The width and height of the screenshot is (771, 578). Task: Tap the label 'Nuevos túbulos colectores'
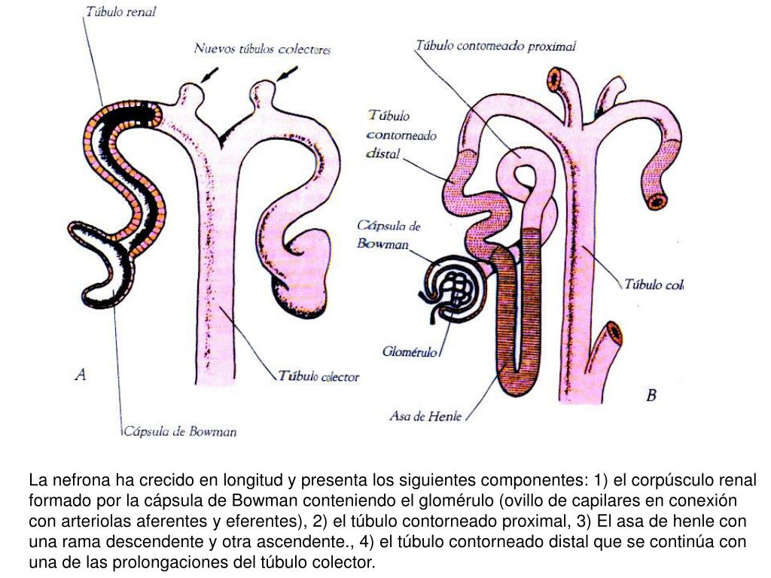click(x=262, y=49)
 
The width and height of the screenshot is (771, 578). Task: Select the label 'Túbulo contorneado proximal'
click(x=495, y=46)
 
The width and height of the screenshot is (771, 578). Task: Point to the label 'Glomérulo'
click(x=410, y=351)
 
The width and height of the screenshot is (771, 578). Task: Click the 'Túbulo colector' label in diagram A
click(x=319, y=376)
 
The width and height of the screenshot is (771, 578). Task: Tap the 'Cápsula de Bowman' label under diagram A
click(x=180, y=431)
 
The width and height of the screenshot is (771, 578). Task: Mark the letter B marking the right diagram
click(x=651, y=394)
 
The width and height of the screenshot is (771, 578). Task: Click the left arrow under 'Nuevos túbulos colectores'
click(x=210, y=75)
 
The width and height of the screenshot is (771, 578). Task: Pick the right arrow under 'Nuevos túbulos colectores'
click(x=287, y=74)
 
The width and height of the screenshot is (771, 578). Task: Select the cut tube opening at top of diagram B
click(x=558, y=78)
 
